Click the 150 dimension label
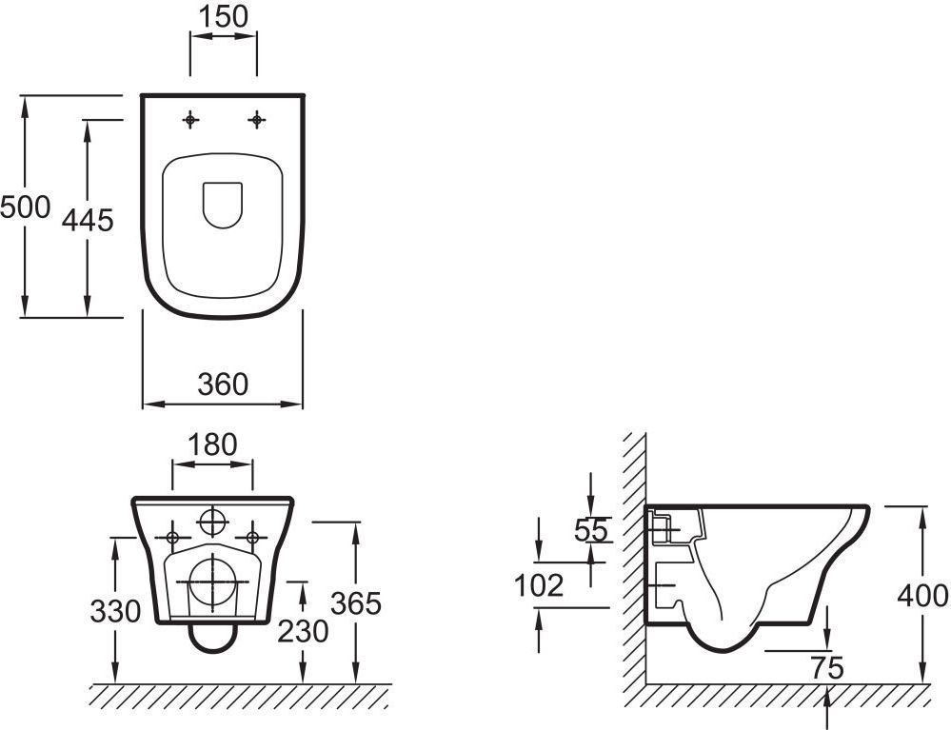[x=225, y=16]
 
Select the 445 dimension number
[x=88, y=220]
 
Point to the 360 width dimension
[x=223, y=384]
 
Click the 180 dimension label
[x=212, y=444]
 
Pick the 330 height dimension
[x=115, y=610]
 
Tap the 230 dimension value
[x=302, y=630]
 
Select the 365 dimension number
[x=355, y=602]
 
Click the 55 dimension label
[x=591, y=530]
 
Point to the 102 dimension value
[x=539, y=586]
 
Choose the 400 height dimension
[x=923, y=596]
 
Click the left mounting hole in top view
[x=192, y=119]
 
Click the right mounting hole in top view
[x=256, y=119]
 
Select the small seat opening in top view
[x=223, y=203]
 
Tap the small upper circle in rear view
[x=213, y=522]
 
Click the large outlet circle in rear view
[x=211, y=582]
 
